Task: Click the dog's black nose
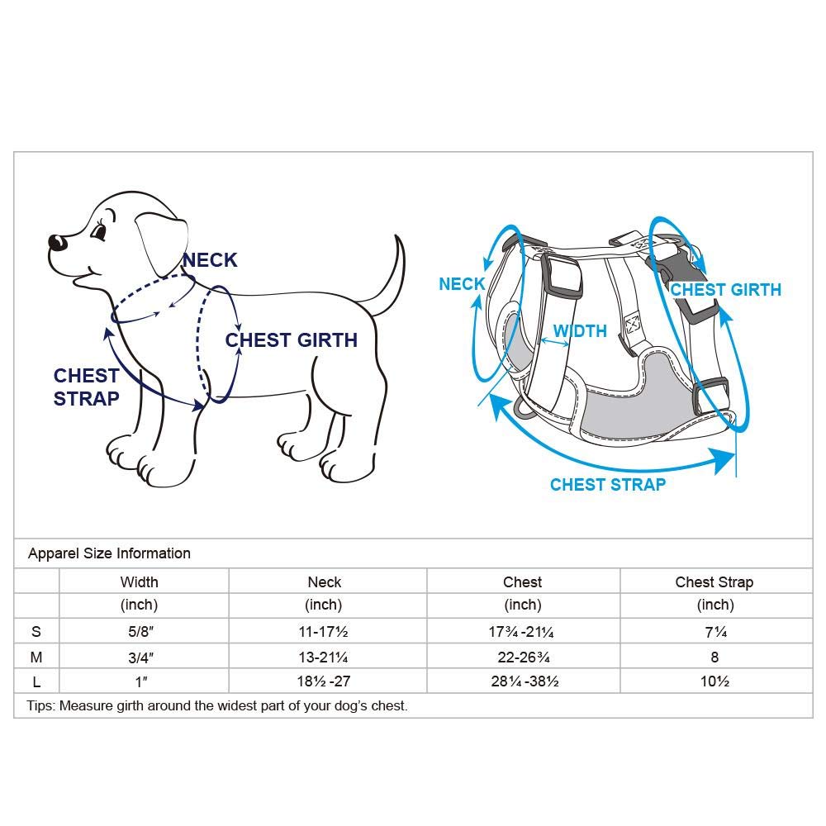[x=57, y=243]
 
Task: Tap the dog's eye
[x=100, y=234]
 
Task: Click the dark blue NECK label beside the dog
[x=210, y=260]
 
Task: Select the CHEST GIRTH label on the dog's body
[x=291, y=340]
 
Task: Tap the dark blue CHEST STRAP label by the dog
[x=87, y=387]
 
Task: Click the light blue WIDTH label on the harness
[x=580, y=331]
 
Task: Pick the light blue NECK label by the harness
[x=462, y=284]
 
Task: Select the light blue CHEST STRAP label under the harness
[x=608, y=485]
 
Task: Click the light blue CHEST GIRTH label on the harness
[x=725, y=290]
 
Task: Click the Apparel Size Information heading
[x=109, y=553]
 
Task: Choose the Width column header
[x=139, y=582]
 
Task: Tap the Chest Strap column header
[x=714, y=582]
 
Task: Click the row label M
[x=36, y=657]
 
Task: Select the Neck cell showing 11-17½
[x=324, y=633]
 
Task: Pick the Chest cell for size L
[x=522, y=682]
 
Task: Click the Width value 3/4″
[x=139, y=657]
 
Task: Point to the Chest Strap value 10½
[x=714, y=682]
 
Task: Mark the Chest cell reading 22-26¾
[x=522, y=657]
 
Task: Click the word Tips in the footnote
[x=40, y=706]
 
